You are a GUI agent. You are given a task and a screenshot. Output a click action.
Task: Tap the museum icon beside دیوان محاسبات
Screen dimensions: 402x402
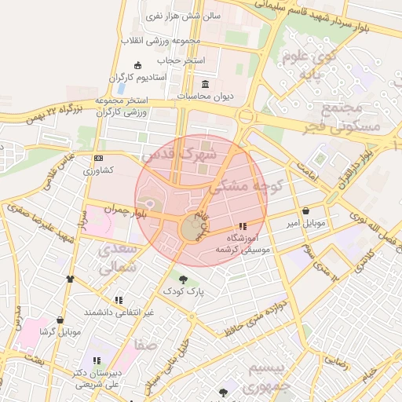pos(206,84)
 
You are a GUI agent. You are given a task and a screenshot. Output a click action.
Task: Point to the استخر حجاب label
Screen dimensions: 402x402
pos(181,60)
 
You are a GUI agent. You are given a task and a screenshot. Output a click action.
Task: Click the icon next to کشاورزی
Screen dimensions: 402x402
pos(98,159)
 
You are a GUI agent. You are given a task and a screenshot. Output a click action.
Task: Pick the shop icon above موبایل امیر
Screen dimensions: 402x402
pos(305,210)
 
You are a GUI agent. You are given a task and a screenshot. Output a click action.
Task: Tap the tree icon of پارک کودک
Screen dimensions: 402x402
pos(183,279)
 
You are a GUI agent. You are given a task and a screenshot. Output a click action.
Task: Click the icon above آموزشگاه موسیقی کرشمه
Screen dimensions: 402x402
pos(242,226)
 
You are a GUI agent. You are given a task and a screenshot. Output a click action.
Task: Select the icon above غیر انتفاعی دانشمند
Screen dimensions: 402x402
pos(119,300)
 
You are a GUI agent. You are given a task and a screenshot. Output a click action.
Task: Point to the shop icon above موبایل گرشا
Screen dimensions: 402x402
pos(60,320)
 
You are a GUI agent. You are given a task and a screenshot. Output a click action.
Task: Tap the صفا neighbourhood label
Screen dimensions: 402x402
pos(145,345)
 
